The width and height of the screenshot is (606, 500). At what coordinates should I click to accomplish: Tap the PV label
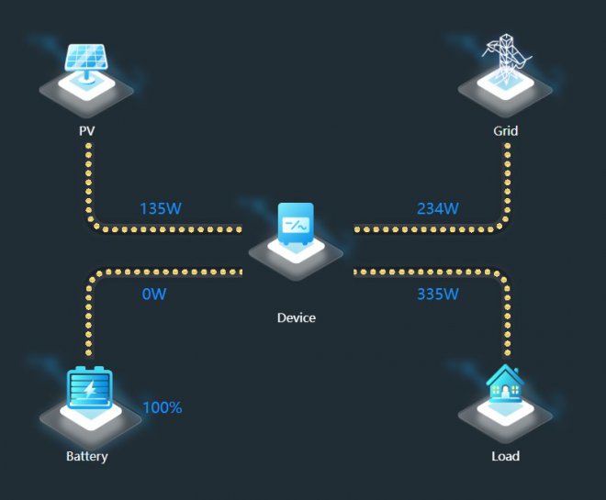(x=87, y=131)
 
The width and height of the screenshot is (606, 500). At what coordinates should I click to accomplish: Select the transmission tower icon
(x=505, y=61)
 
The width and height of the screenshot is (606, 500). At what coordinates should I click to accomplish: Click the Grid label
(x=505, y=131)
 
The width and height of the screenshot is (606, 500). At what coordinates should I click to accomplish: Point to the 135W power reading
(x=161, y=208)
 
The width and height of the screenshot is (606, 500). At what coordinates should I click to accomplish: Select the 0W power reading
(x=154, y=294)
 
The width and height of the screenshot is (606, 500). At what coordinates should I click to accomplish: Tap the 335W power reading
(x=437, y=294)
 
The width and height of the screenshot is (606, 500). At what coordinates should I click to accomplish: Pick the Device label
(x=296, y=317)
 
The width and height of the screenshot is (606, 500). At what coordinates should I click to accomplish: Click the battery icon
(x=89, y=389)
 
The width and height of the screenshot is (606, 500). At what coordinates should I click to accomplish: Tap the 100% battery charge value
(x=163, y=407)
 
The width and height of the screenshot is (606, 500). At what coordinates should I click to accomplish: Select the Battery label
(x=87, y=456)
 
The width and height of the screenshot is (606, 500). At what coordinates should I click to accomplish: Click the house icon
(x=504, y=386)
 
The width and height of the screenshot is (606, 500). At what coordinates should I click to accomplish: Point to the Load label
(x=505, y=456)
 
